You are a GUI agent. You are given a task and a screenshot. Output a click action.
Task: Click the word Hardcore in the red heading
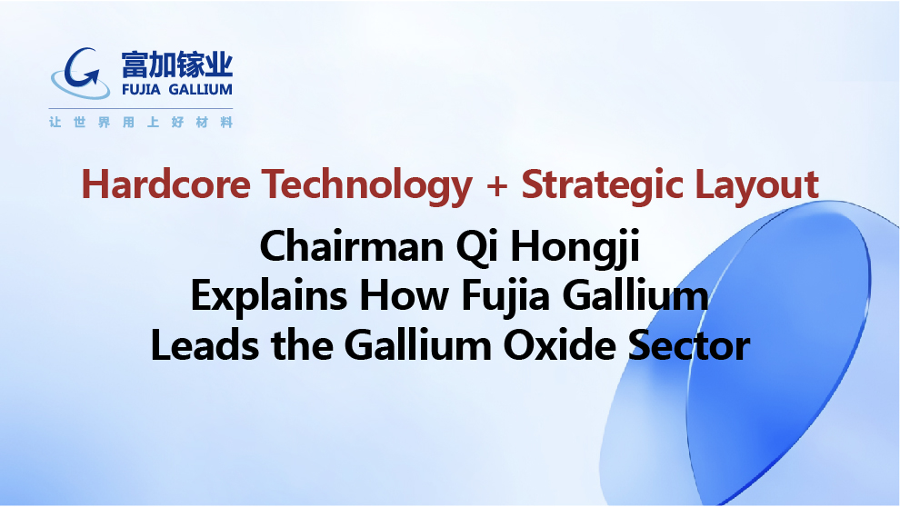pos(165,184)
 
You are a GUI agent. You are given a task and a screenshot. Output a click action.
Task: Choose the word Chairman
pos(352,246)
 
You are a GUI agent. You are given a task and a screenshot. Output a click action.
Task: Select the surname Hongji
pos(575,249)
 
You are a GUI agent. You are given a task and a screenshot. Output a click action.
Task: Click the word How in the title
pos(404,296)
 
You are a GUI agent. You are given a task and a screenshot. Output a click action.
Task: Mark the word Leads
pos(205,346)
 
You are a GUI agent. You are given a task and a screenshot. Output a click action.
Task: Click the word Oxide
pos(560,346)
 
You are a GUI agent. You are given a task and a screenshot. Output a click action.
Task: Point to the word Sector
pos(689,346)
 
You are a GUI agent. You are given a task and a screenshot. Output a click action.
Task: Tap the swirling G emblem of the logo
pos(80,73)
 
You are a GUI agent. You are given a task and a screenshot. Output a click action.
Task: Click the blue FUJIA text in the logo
pos(141,90)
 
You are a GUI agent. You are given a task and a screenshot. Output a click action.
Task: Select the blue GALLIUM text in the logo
pos(200,90)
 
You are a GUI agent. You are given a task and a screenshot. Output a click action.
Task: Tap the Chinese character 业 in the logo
pos(219,65)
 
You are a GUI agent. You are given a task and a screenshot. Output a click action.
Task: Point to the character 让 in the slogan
pos(55,122)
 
